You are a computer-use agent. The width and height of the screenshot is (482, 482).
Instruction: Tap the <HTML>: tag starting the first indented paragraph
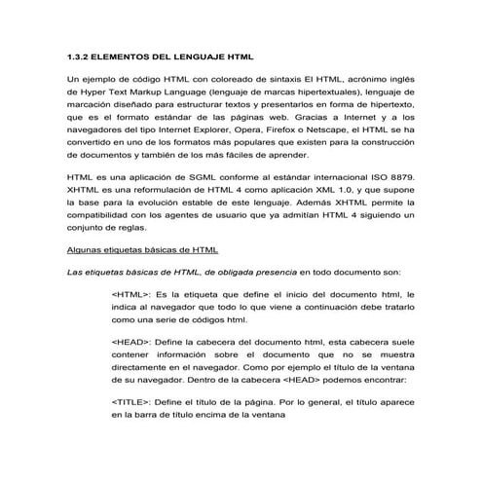(x=132, y=293)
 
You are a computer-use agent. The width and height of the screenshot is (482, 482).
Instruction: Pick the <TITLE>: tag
(x=132, y=400)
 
